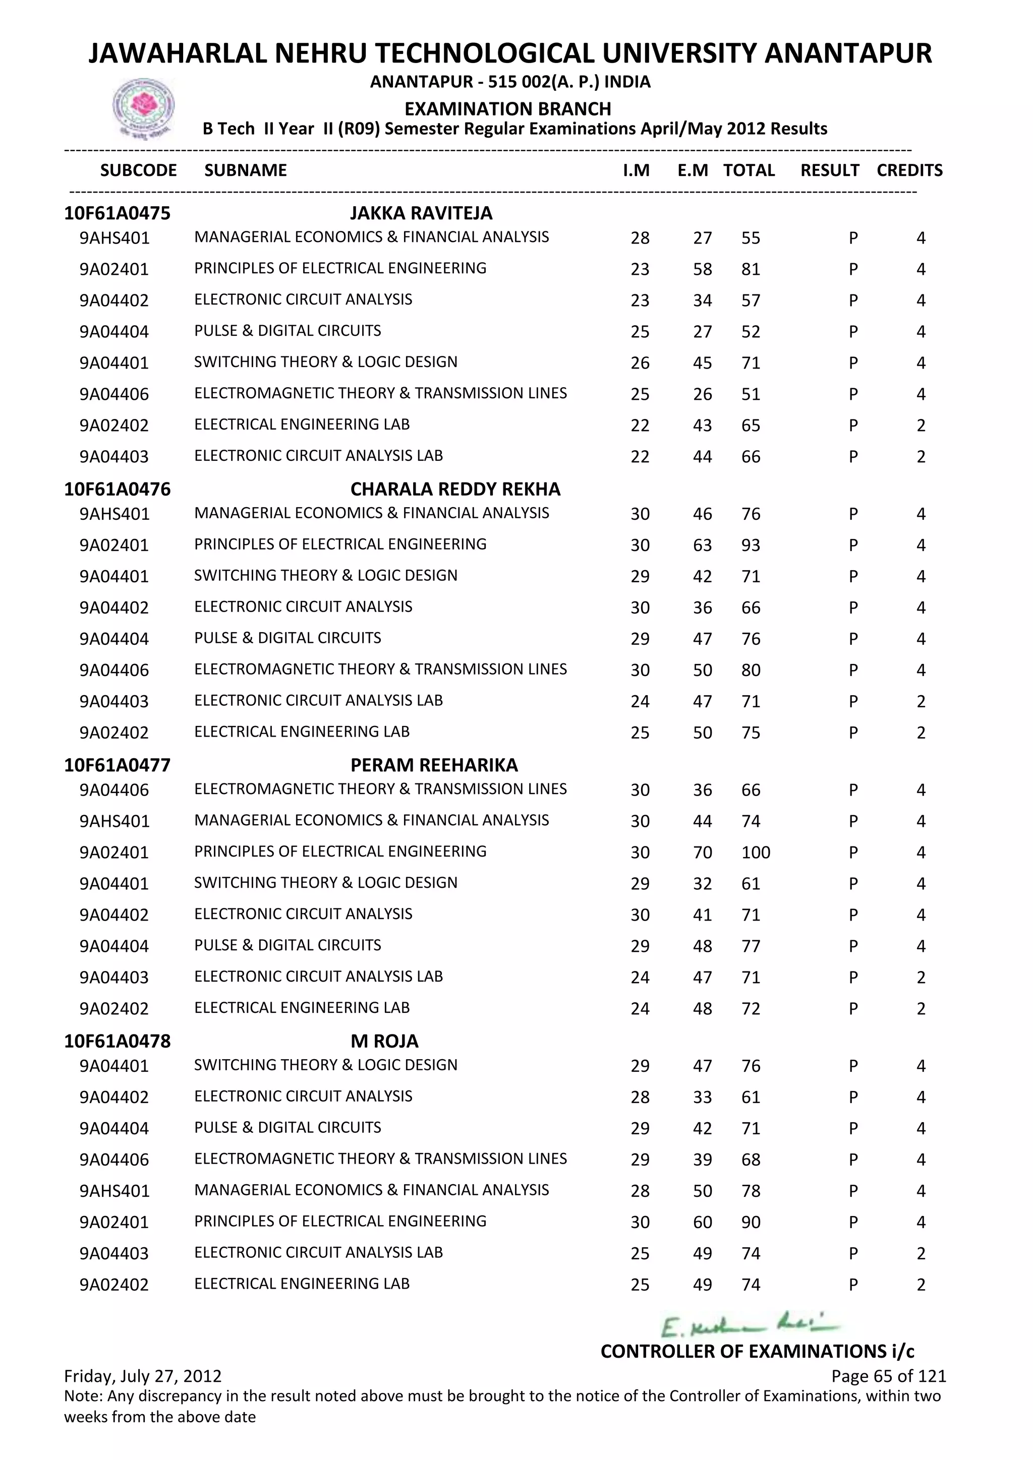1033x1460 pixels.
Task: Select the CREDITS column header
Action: tap(909, 170)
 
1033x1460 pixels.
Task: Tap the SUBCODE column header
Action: tap(138, 170)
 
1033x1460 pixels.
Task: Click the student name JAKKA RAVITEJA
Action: tap(421, 213)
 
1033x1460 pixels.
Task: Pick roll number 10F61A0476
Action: tap(117, 489)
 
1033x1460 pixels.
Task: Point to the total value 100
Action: tap(755, 853)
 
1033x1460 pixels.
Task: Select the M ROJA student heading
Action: tap(384, 1041)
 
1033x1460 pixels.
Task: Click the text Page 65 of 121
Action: tap(888, 1376)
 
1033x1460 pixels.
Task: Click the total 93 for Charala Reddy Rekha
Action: tap(751, 545)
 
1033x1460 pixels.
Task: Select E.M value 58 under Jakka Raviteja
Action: tap(702, 270)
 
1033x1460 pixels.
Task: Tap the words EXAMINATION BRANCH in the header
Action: tap(507, 109)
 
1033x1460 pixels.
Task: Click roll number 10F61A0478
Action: tap(117, 1041)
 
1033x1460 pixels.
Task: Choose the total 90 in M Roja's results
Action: tap(751, 1222)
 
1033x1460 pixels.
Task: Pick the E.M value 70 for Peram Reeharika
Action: tap(702, 853)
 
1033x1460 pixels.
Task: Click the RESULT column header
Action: tap(829, 170)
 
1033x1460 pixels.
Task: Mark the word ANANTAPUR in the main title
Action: tap(847, 53)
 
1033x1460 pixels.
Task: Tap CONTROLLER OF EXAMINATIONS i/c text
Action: tap(757, 1351)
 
